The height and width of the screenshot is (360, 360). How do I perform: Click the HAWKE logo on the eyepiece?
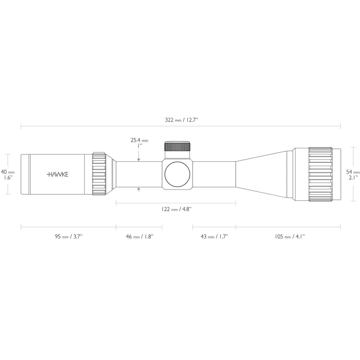click(x=58, y=174)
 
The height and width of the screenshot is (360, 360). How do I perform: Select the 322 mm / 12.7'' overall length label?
click(x=181, y=120)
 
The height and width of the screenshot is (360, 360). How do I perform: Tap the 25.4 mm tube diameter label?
click(x=139, y=140)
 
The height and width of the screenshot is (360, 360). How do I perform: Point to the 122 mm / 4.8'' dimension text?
click(x=176, y=209)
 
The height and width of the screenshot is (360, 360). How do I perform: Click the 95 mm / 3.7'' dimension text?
click(x=68, y=237)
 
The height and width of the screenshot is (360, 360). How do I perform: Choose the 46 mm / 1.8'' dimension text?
click(x=139, y=237)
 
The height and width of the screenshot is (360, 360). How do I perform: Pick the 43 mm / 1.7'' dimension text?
click(x=214, y=237)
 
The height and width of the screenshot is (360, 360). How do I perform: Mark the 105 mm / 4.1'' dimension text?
click(x=289, y=237)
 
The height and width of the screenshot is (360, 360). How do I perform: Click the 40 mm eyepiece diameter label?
click(x=8, y=172)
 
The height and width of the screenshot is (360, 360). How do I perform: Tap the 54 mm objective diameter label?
click(x=353, y=172)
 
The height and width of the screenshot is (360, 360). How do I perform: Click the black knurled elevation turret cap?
click(x=177, y=146)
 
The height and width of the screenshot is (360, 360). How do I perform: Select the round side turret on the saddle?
click(x=177, y=174)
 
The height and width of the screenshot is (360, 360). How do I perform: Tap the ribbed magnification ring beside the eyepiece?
click(x=99, y=174)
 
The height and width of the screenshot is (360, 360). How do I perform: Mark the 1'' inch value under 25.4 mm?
click(x=139, y=146)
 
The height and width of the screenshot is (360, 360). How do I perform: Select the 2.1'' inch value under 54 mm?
click(x=353, y=177)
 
